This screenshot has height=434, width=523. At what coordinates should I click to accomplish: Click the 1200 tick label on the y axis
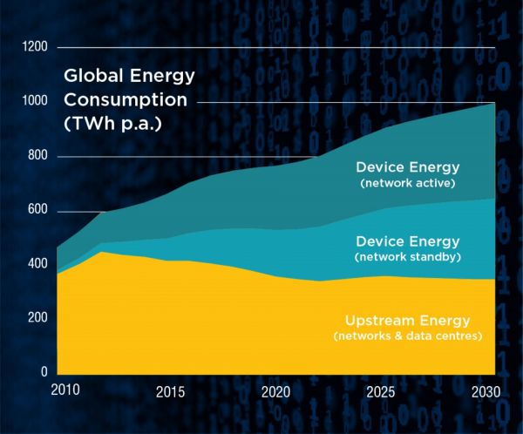tap(36, 46)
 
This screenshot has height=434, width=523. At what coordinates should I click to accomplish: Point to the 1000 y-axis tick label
tap(36, 101)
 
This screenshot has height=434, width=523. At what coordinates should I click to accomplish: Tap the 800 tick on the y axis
tap(37, 156)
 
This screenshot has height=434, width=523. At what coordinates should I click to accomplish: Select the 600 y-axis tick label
tap(37, 211)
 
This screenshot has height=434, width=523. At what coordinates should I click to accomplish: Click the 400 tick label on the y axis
tap(37, 263)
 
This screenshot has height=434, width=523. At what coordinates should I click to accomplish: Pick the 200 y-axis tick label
tap(37, 318)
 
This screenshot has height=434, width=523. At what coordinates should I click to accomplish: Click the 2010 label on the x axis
tap(65, 389)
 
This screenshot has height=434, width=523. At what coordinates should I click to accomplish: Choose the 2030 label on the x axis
tap(486, 392)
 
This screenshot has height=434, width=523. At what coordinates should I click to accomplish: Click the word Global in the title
tap(92, 76)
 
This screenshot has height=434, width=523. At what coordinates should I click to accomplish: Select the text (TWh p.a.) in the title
tap(112, 123)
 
